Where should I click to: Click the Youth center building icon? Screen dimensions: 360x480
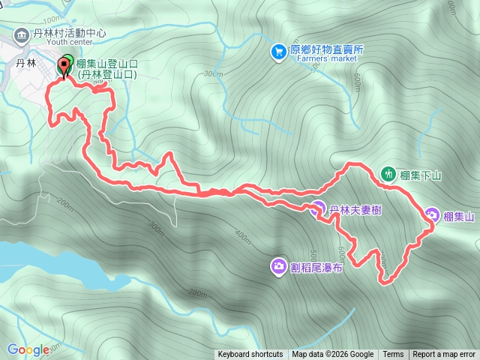click(x=21, y=33)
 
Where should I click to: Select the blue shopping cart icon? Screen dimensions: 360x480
click(x=278, y=50)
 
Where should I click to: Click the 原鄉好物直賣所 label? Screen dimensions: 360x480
click(x=326, y=49)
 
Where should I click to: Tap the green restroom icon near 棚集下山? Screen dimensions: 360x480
click(x=388, y=173)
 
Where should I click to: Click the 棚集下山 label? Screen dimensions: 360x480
click(x=421, y=175)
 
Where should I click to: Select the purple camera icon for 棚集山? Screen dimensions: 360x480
click(x=433, y=215)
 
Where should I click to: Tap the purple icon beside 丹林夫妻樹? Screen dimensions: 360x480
click(x=318, y=208)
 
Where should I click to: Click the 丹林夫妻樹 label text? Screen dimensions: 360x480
click(x=355, y=210)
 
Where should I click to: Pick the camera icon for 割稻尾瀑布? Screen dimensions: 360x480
click(x=278, y=265)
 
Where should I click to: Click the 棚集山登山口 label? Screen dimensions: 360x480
click(x=106, y=64)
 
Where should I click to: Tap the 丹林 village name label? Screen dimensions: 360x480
click(x=26, y=64)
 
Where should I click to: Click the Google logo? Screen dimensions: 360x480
click(x=28, y=349)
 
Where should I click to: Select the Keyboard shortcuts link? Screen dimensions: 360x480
click(x=250, y=355)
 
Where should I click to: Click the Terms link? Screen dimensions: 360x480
click(x=393, y=355)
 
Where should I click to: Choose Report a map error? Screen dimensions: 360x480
click(x=444, y=355)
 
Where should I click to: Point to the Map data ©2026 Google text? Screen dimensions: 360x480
click(x=333, y=355)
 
